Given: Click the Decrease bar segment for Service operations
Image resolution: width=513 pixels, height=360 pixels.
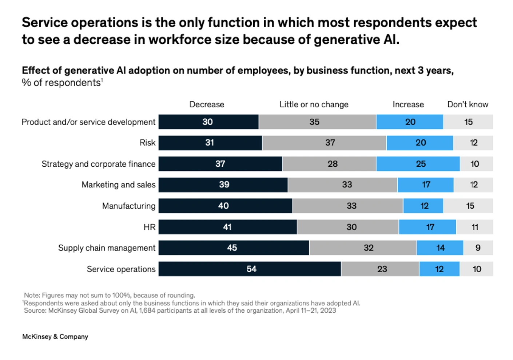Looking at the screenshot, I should pyautogui.click(x=250, y=269).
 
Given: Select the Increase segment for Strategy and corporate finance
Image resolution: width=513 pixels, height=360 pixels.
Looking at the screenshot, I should pyautogui.click(x=418, y=164).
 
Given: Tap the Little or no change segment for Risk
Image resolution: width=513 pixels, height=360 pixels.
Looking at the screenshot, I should pyautogui.click(x=324, y=143).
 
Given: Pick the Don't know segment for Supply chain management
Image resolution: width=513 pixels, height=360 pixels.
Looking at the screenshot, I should pyautogui.click(x=478, y=248).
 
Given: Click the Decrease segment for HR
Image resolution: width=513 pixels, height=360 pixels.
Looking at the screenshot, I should pyautogui.click(x=227, y=227).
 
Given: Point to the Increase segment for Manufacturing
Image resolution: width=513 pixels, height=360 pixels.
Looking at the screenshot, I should pyautogui.click(x=423, y=206).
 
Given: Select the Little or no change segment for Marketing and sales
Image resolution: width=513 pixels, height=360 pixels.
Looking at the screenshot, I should pyautogui.click(x=342, y=185).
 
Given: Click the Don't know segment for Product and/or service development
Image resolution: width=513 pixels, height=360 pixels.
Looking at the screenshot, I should pyautogui.click(x=468, y=122).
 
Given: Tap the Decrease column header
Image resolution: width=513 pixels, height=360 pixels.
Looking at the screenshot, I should pyautogui.click(x=207, y=104).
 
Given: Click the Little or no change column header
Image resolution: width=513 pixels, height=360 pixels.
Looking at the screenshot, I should pyautogui.click(x=314, y=104).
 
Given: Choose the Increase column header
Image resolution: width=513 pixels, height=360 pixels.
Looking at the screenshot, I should pyautogui.click(x=408, y=104).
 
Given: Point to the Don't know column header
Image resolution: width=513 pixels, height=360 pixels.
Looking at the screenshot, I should pyautogui.click(x=468, y=104).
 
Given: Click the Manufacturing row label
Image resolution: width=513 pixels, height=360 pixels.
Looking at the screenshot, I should pyautogui.click(x=128, y=206).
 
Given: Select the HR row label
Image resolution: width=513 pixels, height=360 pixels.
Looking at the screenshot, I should pyautogui.click(x=150, y=227).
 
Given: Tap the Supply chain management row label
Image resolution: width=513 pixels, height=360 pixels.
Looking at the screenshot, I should pyautogui.click(x=107, y=248).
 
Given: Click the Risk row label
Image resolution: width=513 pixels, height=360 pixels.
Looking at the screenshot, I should pyautogui.click(x=147, y=143).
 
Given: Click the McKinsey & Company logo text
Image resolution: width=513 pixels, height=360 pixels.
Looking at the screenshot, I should pyautogui.click(x=55, y=337).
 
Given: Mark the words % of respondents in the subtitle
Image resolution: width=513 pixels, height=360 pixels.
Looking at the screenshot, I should pyautogui.click(x=61, y=83).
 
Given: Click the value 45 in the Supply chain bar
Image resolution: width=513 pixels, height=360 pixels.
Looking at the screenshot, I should pyautogui.click(x=232, y=248).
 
